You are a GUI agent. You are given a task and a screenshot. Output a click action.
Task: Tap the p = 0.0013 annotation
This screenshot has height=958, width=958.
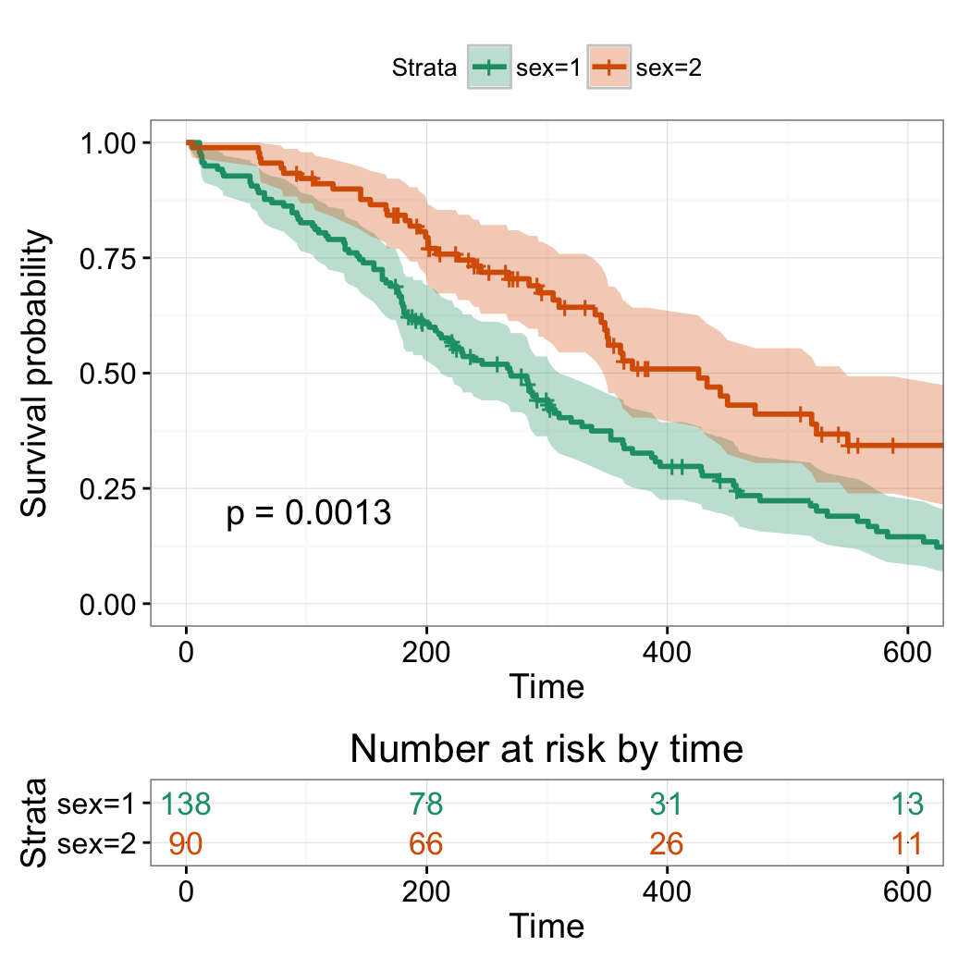click(309, 513)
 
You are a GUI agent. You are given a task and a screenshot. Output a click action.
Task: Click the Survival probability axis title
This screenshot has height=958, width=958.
click(35, 374)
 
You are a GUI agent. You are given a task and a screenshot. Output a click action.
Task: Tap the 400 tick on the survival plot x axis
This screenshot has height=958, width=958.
click(667, 651)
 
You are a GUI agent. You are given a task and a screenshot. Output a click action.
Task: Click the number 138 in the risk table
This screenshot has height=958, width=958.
click(186, 804)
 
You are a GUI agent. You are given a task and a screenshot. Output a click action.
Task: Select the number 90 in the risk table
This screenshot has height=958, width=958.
click(186, 843)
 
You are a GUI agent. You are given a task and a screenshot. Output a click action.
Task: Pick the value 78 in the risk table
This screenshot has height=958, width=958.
click(426, 804)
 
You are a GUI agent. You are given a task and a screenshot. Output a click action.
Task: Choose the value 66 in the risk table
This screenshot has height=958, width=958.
click(426, 843)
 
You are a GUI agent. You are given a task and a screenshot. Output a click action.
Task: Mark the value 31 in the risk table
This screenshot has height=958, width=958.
click(666, 804)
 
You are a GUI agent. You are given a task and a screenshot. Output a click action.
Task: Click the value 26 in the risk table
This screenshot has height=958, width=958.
click(666, 843)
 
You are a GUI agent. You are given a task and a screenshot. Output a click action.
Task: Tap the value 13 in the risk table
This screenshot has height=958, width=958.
click(907, 804)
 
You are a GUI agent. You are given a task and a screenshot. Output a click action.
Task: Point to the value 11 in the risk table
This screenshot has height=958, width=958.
click(907, 843)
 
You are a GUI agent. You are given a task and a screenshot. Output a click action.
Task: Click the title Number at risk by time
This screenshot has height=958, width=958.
click(547, 748)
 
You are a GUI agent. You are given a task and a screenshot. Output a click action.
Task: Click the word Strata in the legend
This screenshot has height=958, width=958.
click(424, 67)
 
